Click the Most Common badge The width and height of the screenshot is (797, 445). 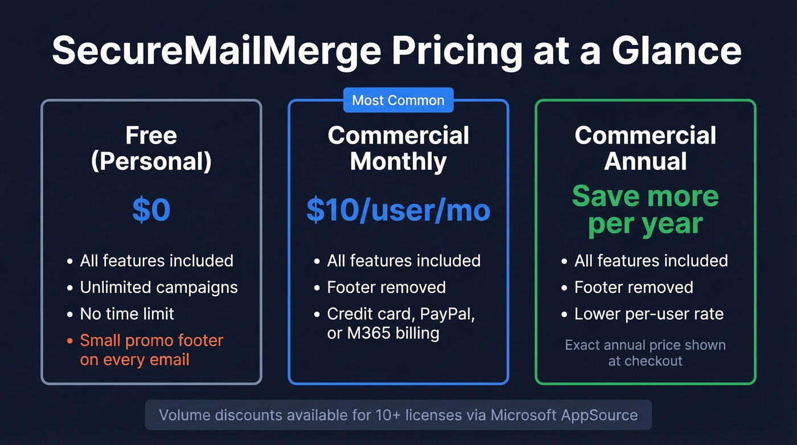click(398, 100)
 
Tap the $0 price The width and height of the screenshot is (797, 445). click(151, 210)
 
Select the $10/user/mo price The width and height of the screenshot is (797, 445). click(398, 210)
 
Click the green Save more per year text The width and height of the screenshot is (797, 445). click(646, 210)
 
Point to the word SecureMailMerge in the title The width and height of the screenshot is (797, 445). click(216, 51)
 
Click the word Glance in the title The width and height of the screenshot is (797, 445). click(677, 51)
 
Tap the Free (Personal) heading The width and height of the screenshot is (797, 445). click(151, 148)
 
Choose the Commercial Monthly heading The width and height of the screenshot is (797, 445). click(398, 148)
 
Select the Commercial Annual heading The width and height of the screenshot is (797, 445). click(646, 148)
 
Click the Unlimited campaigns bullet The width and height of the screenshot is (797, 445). click(159, 287)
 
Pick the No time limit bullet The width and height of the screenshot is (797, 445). click(127, 313)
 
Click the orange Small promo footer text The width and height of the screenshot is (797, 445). click(151, 341)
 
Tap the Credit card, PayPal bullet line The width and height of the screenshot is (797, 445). click(401, 313)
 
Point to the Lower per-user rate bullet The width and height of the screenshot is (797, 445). click(648, 313)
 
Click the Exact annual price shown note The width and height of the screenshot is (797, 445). click(645, 345)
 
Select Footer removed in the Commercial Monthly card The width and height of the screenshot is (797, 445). click(386, 287)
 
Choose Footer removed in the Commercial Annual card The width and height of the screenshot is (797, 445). click(634, 287)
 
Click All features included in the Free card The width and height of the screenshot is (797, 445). click(157, 261)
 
